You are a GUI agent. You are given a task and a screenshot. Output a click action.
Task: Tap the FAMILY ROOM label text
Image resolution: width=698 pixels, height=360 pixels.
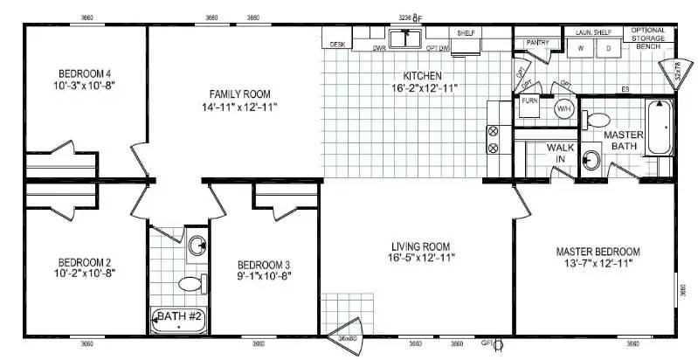239,93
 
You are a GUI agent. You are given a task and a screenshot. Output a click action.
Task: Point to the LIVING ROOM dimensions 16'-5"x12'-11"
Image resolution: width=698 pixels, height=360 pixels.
422,259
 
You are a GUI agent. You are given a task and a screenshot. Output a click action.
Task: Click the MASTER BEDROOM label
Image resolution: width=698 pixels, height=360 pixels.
598,252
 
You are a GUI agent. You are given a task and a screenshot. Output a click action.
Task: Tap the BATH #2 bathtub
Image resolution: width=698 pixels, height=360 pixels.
180,320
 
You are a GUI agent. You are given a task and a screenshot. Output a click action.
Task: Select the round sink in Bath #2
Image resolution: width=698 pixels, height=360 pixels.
198,246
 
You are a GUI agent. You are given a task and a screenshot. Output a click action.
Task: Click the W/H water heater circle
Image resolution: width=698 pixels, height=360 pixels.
563,109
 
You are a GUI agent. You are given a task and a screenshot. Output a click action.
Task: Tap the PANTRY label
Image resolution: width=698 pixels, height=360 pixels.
537,41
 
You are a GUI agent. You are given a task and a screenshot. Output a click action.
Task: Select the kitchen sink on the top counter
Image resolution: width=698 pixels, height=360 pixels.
405,38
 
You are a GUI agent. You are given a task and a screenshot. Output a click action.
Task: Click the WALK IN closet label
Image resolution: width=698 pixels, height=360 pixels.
560,153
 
